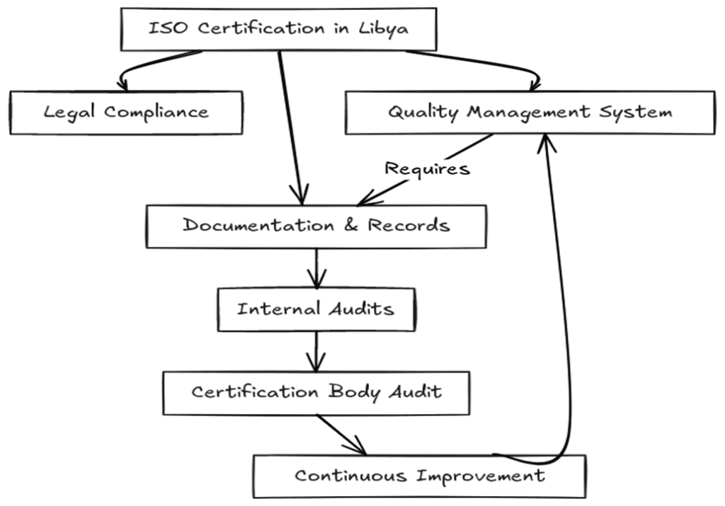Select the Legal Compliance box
[x=126, y=113]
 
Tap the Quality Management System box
[x=530, y=112]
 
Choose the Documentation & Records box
[x=316, y=226]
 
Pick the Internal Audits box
[x=316, y=309]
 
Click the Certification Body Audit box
[x=316, y=392]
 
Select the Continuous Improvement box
[x=419, y=475]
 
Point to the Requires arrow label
[x=426, y=168]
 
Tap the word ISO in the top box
[x=168, y=29]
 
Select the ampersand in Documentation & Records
[x=351, y=226]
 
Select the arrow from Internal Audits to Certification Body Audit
[x=316, y=352]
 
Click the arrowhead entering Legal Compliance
[x=123, y=85]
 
